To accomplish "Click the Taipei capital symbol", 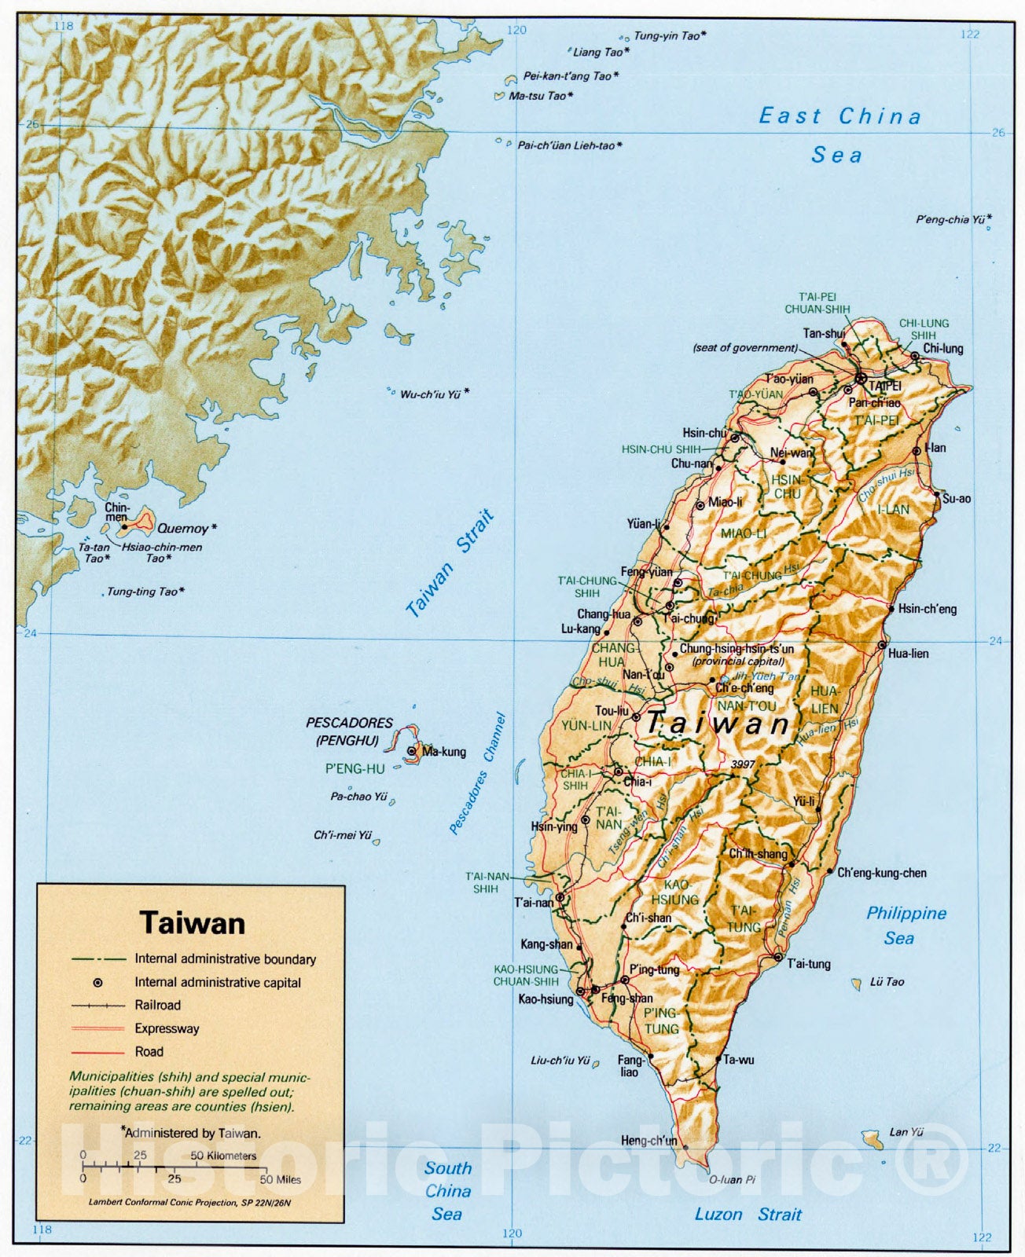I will (861, 379).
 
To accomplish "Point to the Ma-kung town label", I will (444, 752).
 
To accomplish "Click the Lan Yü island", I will (870, 1137).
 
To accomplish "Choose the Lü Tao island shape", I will (856, 983).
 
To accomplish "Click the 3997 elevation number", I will (743, 764).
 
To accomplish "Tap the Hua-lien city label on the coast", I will (908, 653).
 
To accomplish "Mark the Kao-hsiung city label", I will (546, 999).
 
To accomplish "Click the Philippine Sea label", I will (906, 925).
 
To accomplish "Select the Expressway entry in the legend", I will (167, 1028).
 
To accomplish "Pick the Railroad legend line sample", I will (98, 1006).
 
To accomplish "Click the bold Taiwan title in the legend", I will (193, 923).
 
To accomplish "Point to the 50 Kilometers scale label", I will (223, 1156).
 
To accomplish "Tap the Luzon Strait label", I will (748, 1215).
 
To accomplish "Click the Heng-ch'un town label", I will (648, 1141).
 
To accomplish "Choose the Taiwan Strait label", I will (450, 563).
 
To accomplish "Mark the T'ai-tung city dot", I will (777, 958).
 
